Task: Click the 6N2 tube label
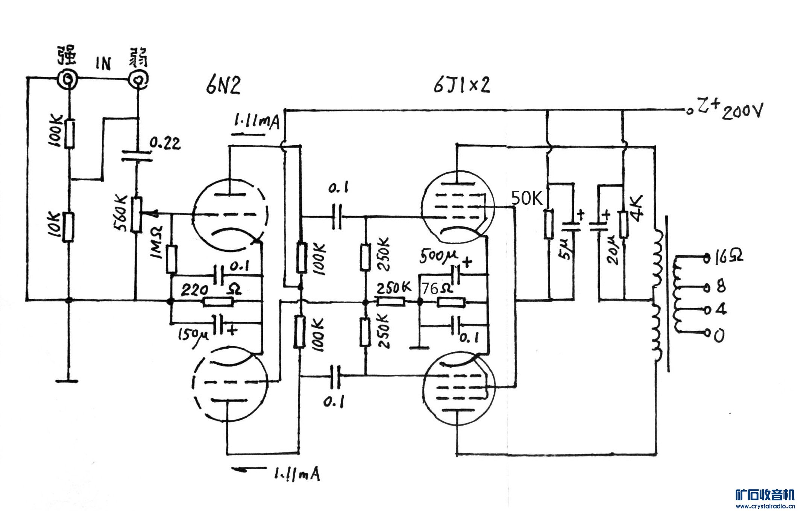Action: [x=223, y=86]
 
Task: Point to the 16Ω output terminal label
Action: [x=728, y=257]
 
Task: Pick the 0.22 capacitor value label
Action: [x=165, y=143]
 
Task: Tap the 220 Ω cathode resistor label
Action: [x=211, y=290]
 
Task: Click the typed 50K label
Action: [x=527, y=198]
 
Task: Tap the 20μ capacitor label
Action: [x=613, y=250]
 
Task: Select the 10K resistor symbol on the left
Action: [x=68, y=227]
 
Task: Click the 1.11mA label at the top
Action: [x=256, y=121]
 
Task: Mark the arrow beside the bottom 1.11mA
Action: [x=248, y=469]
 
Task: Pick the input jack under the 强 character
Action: [x=68, y=79]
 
